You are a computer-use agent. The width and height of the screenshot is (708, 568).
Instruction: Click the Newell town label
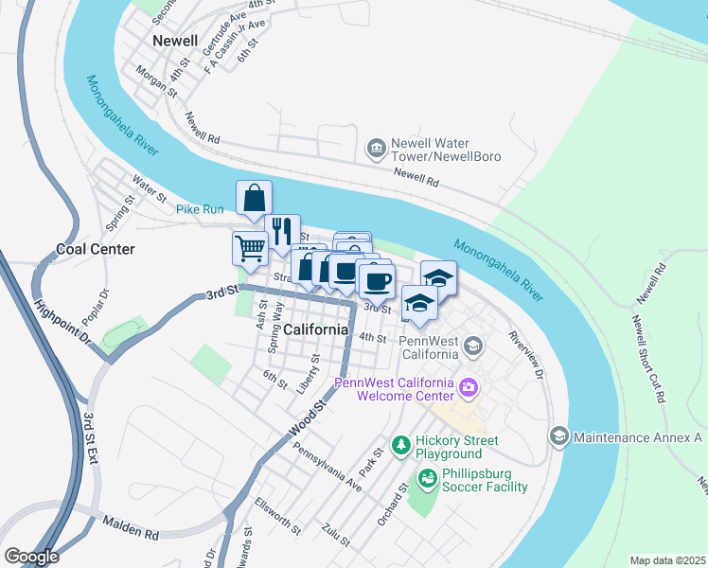175,42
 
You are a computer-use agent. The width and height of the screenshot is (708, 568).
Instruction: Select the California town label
315,329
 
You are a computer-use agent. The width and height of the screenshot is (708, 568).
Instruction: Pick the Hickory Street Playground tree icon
401,444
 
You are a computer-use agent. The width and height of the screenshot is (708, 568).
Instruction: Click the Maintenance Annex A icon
558,436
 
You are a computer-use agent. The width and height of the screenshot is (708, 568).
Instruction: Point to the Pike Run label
200,208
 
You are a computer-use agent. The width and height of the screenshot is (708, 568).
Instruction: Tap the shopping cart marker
250,248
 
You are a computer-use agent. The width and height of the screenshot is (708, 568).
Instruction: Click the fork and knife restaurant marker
281,231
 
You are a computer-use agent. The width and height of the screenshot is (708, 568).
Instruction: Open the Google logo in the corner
30,556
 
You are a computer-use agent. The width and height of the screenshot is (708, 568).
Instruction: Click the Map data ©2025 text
667,560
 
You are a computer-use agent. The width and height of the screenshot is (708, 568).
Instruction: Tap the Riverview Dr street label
526,355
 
